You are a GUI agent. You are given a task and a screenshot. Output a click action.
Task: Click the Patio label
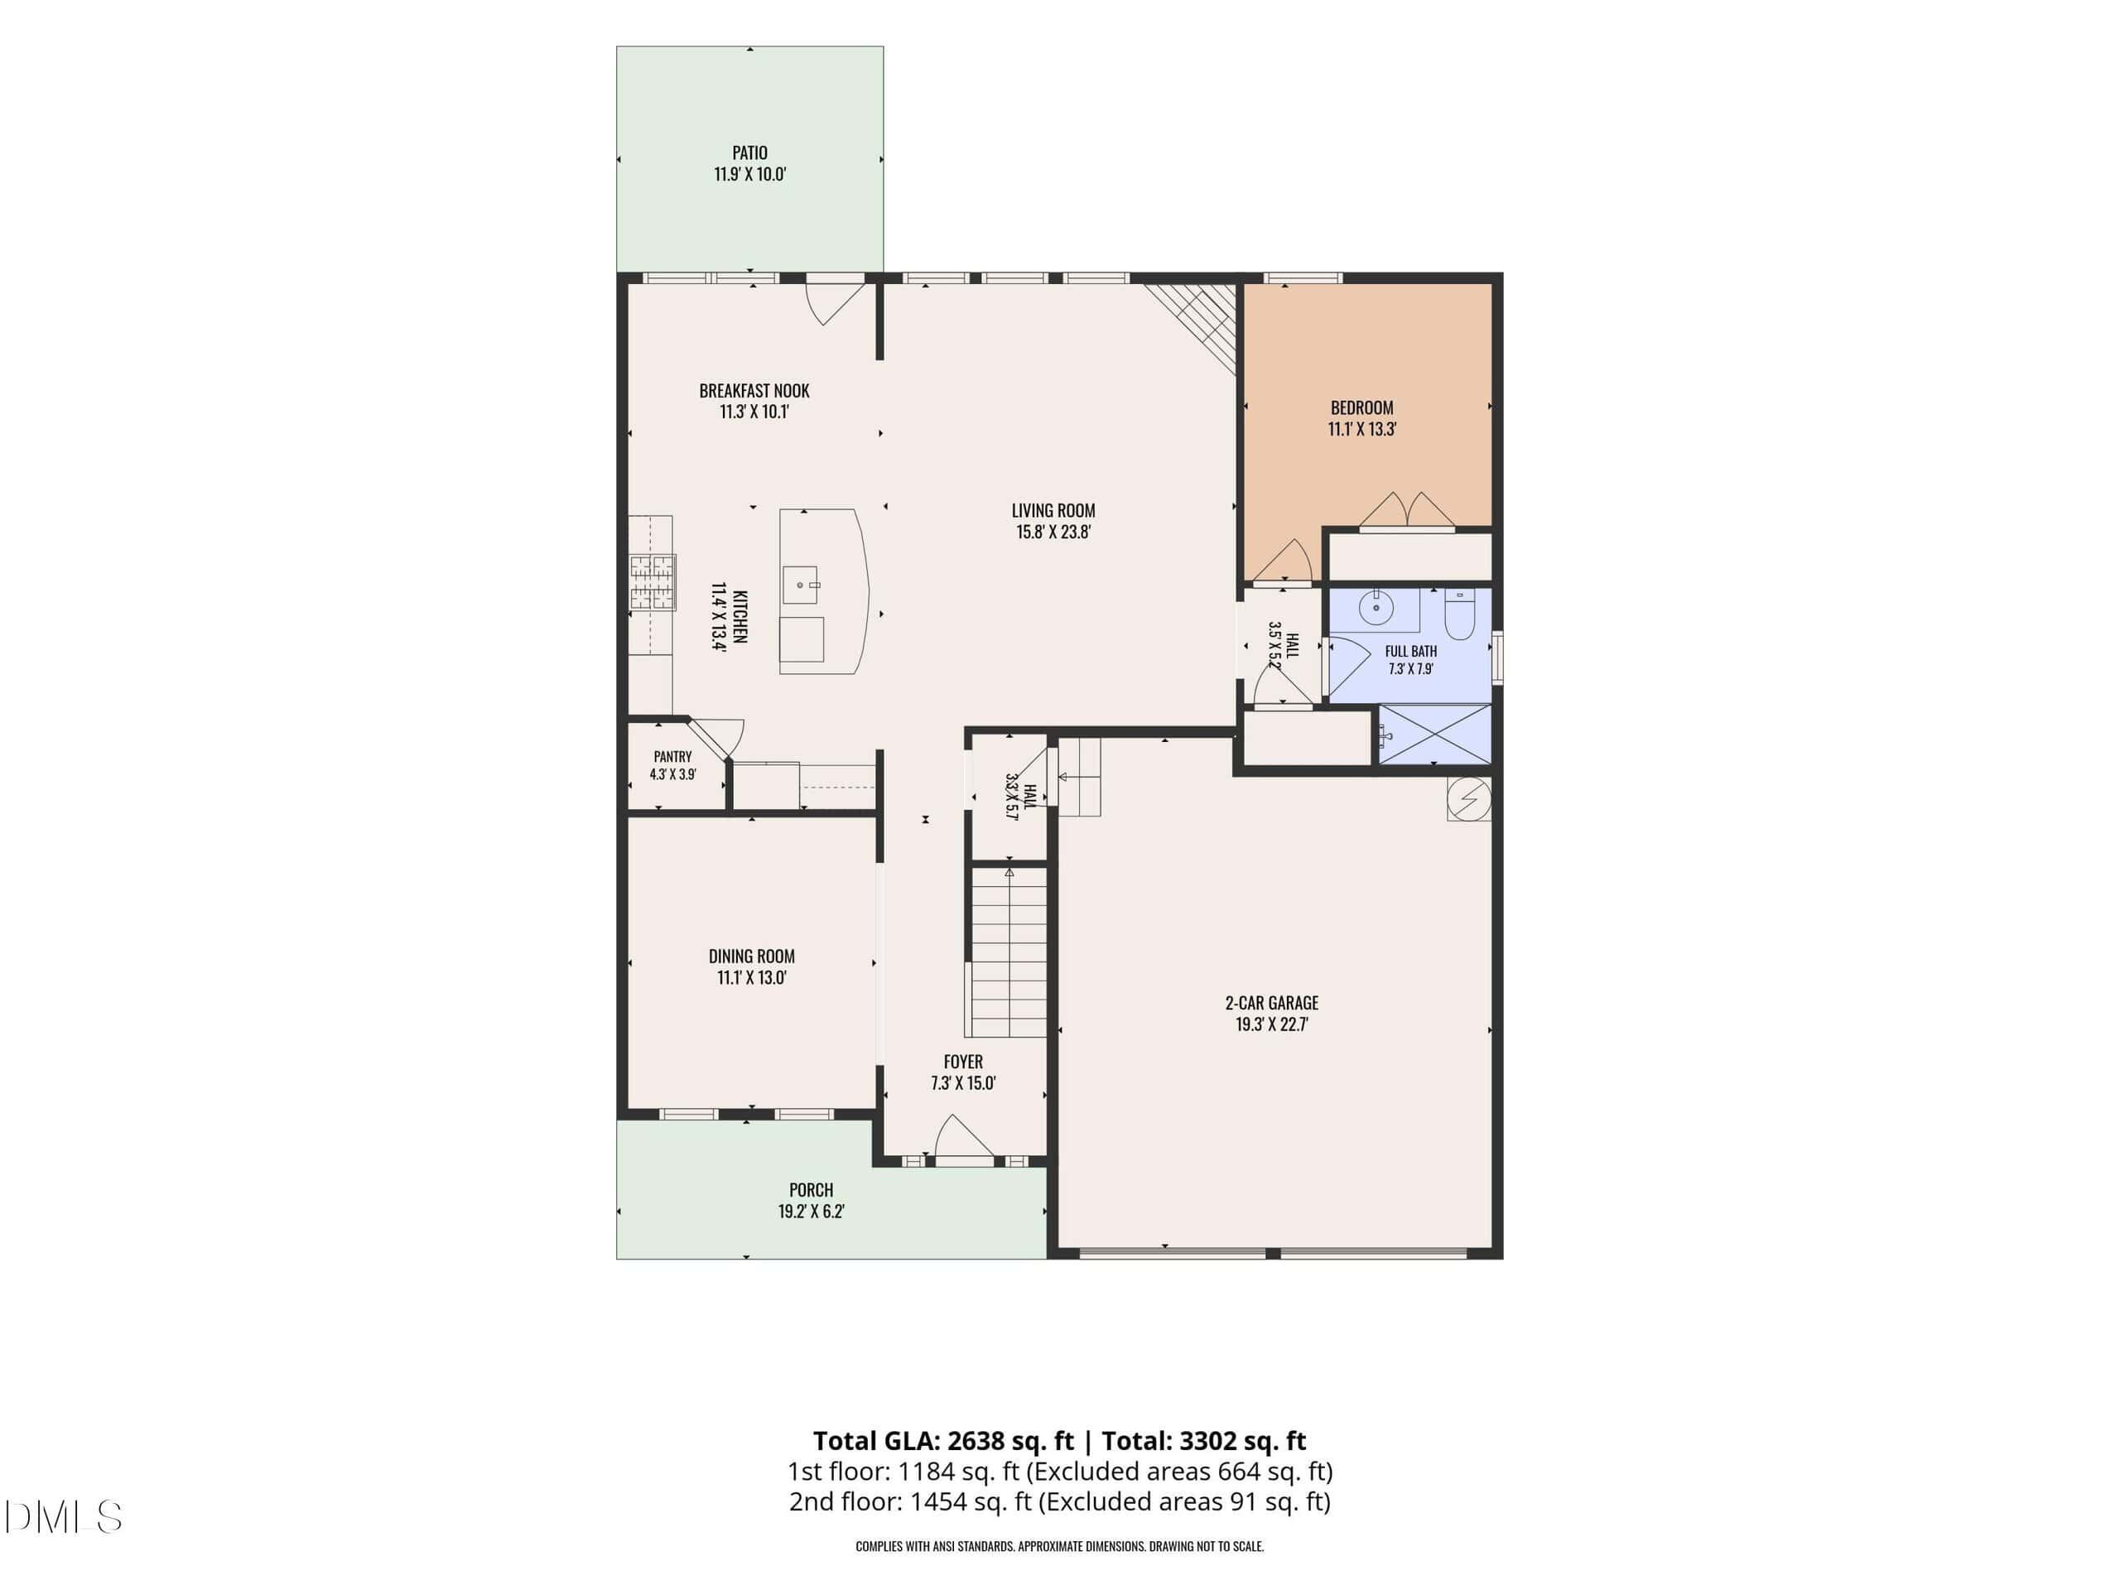coord(749,152)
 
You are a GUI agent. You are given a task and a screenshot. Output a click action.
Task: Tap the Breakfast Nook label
coord(754,391)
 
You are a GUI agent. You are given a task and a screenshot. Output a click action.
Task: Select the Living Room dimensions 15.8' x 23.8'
coord(1053,532)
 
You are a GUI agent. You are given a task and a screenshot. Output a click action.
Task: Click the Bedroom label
coord(1362,407)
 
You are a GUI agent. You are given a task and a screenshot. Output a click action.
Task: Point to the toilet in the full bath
coord(1458,614)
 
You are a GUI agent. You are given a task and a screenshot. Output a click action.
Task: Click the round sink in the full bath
coord(1376,608)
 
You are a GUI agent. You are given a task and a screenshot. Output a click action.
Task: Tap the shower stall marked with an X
coord(1433,735)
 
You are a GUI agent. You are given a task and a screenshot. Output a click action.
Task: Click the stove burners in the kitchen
coord(652,583)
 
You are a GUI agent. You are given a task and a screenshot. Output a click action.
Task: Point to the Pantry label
coord(672,756)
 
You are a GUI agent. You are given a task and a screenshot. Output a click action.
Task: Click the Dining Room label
coord(751,956)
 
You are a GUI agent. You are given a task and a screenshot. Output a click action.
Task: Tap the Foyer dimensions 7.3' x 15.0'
coord(963,1083)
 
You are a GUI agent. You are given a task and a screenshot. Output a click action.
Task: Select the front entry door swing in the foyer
coord(964,1137)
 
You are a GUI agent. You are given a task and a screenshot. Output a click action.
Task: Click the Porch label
coord(811,1190)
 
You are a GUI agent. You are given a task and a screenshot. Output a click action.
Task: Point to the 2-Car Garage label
coord(1272,1003)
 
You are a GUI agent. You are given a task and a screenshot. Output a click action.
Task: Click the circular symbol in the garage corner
coord(1468,798)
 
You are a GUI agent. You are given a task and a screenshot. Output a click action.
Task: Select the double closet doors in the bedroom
coord(1407,509)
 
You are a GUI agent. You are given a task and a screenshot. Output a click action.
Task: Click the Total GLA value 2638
coord(976,1440)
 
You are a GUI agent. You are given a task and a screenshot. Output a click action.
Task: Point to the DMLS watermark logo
coord(63,1517)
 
